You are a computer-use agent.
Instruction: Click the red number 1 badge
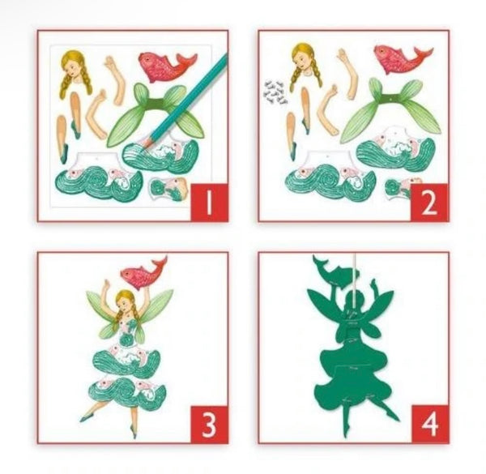coord(209,203)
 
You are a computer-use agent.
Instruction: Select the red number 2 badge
coord(430,203)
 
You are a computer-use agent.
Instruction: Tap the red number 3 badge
coord(209,424)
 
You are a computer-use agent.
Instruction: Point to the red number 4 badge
coord(430,424)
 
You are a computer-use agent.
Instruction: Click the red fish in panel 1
coord(164,66)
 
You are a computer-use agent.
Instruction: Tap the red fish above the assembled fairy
coord(143,271)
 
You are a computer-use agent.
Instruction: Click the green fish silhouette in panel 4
coord(335,271)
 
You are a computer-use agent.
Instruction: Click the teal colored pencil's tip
coord(144,145)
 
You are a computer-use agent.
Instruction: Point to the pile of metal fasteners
coord(275,92)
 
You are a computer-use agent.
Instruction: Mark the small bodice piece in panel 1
coord(168,190)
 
